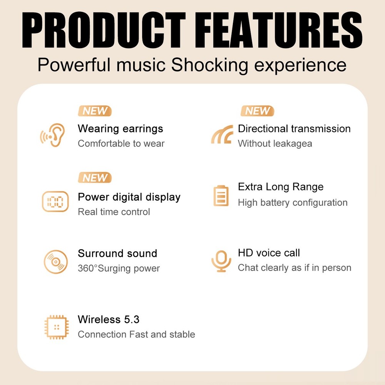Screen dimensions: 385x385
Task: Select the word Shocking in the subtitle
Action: (x=210, y=65)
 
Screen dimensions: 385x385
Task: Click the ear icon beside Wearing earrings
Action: (x=53, y=135)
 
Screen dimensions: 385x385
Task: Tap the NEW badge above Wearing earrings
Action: (x=95, y=111)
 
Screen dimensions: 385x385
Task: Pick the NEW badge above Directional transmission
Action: (x=257, y=111)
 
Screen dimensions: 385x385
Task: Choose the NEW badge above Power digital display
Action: (x=95, y=178)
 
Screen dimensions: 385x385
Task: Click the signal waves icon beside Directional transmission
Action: (x=222, y=134)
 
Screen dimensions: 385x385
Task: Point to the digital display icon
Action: (x=55, y=202)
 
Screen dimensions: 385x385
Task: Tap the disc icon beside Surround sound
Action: (x=55, y=262)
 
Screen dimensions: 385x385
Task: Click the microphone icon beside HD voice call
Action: (x=221, y=261)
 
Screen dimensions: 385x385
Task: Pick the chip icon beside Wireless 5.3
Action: (x=56, y=327)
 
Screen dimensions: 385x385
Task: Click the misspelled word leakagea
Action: (x=292, y=144)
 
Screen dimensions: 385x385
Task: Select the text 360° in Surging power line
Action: (x=88, y=268)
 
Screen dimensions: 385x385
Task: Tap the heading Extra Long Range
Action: (x=280, y=187)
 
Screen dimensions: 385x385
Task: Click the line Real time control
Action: (x=114, y=212)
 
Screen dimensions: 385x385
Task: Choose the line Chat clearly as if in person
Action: (x=294, y=268)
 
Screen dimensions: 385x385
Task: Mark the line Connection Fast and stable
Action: (x=136, y=334)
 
